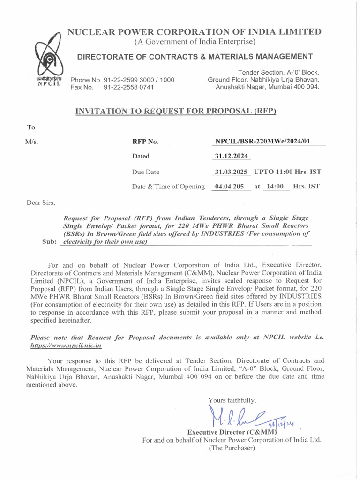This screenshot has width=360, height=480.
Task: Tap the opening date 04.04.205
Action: [229, 186]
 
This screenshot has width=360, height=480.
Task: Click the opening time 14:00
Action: [274, 186]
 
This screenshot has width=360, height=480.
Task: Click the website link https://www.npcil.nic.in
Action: [66, 345]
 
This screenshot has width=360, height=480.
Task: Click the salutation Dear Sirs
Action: [41, 203]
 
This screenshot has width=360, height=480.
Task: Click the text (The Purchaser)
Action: [232, 448]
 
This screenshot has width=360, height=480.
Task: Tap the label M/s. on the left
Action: [32, 142]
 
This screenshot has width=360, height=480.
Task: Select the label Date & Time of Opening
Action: [168, 187]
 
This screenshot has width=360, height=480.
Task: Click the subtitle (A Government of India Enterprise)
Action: [195, 42]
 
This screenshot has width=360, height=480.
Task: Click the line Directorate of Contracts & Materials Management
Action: [195, 57]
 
